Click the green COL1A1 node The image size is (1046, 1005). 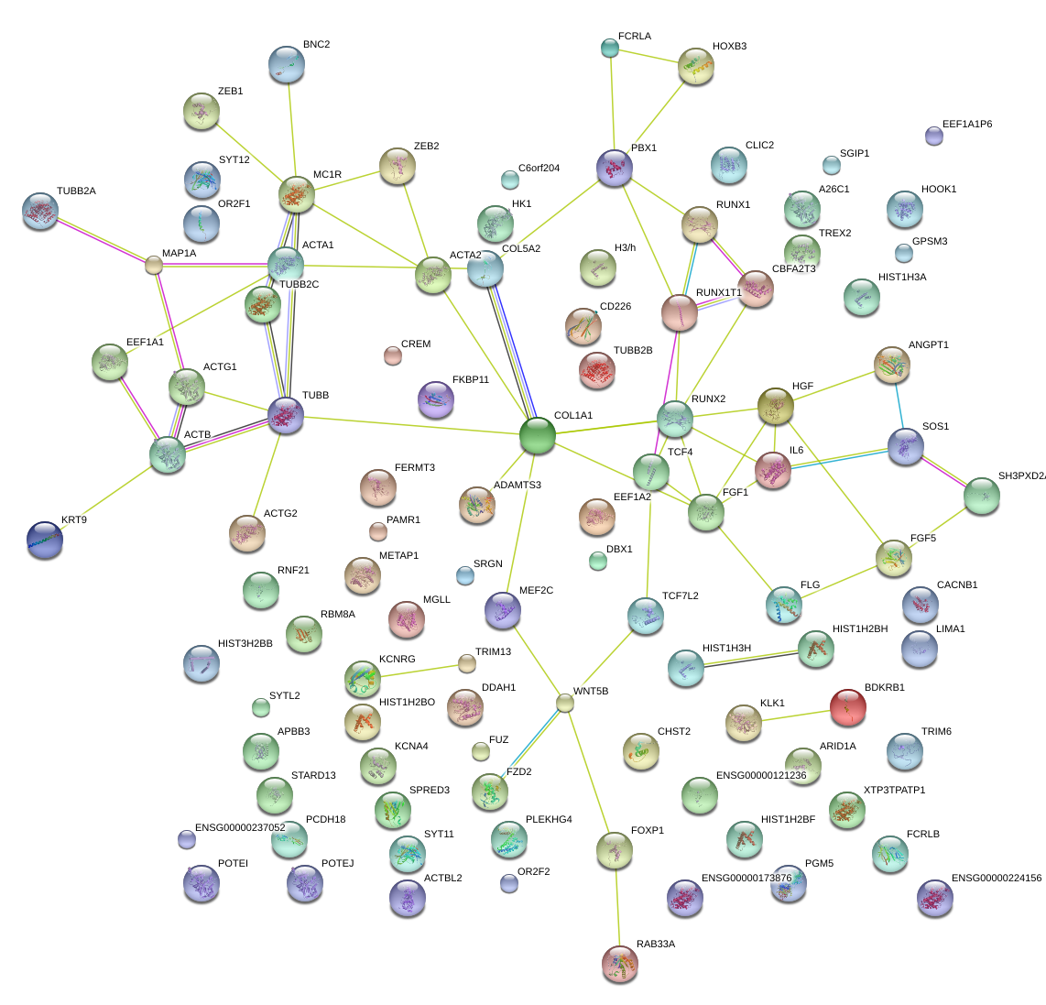pyautogui.click(x=537, y=434)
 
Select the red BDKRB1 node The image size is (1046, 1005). pyautogui.click(x=847, y=705)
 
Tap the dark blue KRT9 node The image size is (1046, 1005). pyautogui.click(x=45, y=539)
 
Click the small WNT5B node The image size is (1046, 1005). pyautogui.click(x=565, y=703)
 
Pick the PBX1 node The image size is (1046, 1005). pyautogui.click(x=614, y=168)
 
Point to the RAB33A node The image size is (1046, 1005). pyautogui.click(x=620, y=963)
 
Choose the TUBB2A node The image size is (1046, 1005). pyautogui.click(x=39, y=210)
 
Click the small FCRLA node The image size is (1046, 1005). pyautogui.click(x=610, y=47)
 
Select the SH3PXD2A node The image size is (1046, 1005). pyautogui.click(x=982, y=495)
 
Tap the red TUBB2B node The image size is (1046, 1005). pyautogui.click(x=597, y=369)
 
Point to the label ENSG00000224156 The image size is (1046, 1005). pyautogui.click(x=996, y=878)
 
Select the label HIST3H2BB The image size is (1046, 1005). pyautogui.click(x=245, y=643)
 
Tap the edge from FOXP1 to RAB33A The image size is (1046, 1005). pyautogui.click(x=617, y=907)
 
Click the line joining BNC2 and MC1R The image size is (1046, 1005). pyautogui.click(x=291, y=129)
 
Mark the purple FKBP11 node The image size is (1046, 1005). pyautogui.click(x=435, y=399)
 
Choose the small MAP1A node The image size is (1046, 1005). pyautogui.click(x=153, y=266)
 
